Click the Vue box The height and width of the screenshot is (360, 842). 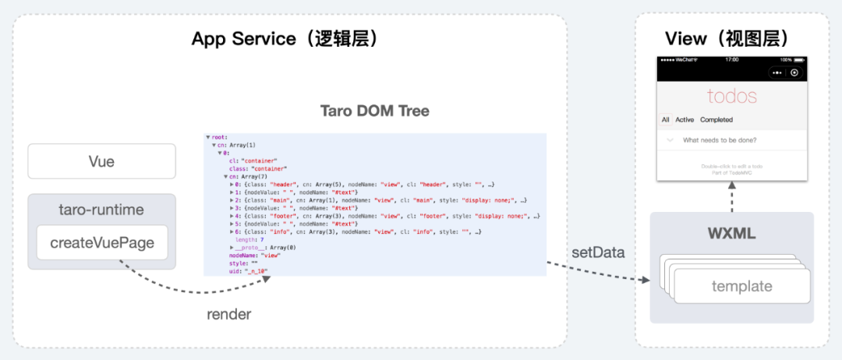(101, 162)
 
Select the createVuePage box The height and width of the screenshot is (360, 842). (102, 243)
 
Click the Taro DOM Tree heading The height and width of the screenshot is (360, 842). (374, 111)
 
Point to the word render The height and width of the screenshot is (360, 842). (228, 315)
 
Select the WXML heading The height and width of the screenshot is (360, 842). (731, 233)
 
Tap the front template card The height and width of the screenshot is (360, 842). (741, 287)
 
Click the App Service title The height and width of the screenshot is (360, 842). (285, 38)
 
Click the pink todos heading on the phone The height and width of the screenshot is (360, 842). (731, 97)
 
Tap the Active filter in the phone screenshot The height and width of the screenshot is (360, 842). (685, 120)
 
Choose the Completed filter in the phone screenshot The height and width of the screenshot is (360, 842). (716, 120)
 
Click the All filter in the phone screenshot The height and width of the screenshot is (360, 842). (666, 120)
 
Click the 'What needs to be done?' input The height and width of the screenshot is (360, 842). (720, 140)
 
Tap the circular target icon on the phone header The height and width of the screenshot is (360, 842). (794, 72)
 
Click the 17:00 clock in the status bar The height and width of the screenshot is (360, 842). (731, 59)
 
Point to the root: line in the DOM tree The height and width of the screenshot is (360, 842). (219, 137)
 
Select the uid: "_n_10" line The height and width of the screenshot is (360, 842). (248, 270)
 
